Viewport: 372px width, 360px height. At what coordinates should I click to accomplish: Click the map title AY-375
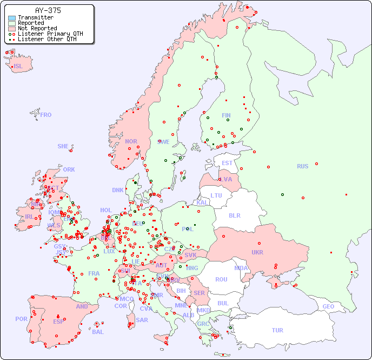click(x=48, y=10)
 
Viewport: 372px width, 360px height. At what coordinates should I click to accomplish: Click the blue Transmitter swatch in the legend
click(x=12, y=18)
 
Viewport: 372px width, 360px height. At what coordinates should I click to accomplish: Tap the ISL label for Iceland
click(x=18, y=67)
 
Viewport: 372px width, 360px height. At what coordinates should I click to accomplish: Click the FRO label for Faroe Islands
click(x=46, y=115)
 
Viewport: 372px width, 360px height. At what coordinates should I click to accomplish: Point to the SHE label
click(x=63, y=146)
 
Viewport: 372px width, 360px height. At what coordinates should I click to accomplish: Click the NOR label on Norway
click(x=131, y=141)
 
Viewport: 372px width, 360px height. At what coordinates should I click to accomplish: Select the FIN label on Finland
click(x=226, y=115)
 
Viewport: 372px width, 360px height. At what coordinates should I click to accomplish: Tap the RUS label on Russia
click(x=302, y=166)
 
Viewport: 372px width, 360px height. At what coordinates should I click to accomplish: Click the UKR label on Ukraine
click(x=257, y=252)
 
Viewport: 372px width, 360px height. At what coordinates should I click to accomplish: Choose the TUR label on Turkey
click(x=277, y=330)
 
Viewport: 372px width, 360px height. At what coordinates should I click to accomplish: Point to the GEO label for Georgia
click(x=328, y=306)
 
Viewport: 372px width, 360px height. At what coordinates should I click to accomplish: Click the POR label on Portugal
click(x=21, y=319)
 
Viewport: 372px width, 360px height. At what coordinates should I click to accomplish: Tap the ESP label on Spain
click(x=58, y=321)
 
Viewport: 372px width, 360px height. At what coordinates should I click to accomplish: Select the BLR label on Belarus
click(x=235, y=215)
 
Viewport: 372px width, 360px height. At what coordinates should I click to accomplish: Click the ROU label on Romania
click(x=221, y=279)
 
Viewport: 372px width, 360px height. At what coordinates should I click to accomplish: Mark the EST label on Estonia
click(x=227, y=163)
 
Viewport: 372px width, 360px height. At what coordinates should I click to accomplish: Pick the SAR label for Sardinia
click(x=142, y=320)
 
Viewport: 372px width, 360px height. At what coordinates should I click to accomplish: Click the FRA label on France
click(x=94, y=273)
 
